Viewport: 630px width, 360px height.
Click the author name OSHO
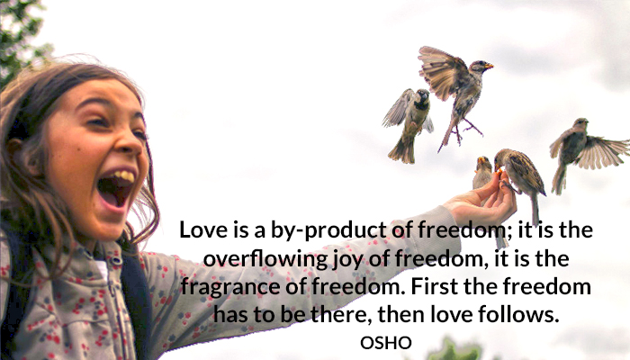point(386,343)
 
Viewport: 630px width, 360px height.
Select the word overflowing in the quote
point(265,259)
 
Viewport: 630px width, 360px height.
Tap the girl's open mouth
point(115,188)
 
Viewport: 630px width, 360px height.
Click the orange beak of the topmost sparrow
point(489,66)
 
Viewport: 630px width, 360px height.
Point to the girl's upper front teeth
point(122,175)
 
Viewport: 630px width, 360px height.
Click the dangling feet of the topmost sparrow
point(466,130)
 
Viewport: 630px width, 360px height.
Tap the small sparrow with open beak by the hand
point(482,172)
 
